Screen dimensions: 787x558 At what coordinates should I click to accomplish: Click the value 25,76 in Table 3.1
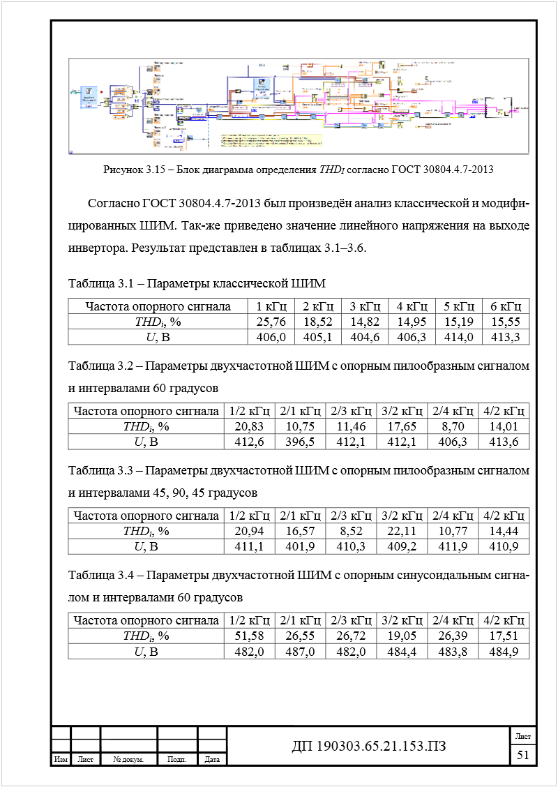[271, 322]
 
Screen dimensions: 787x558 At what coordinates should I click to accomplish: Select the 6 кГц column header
[506, 306]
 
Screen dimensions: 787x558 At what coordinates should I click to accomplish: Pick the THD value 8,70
[452, 426]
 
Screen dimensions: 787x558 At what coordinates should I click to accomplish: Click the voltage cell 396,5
[299, 442]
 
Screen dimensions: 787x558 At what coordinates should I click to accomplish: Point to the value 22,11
[401, 531]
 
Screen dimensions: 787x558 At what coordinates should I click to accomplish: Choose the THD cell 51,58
[248, 636]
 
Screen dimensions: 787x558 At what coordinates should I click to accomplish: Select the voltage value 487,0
[299, 651]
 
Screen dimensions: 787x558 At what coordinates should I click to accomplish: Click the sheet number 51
[523, 755]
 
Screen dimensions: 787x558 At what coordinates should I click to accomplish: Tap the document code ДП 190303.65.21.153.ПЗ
[368, 747]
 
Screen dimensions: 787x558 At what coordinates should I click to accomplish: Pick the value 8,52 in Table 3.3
[350, 531]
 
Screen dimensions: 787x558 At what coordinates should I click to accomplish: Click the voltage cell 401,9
[299, 546]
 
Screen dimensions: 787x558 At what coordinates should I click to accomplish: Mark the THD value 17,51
[504, 636]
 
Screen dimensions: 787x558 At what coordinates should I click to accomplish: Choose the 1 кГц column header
[271, 306]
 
